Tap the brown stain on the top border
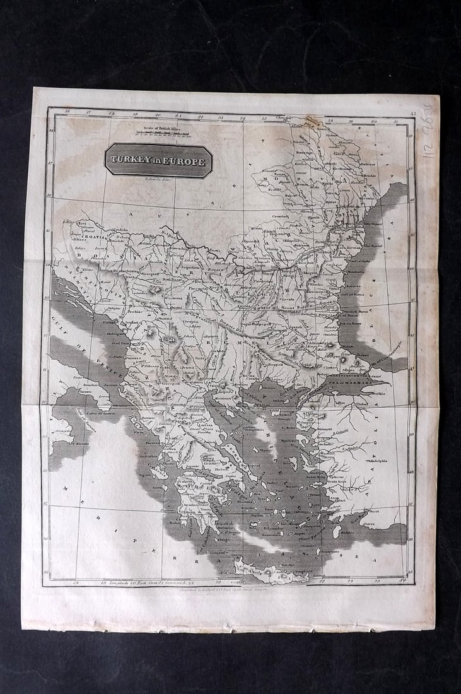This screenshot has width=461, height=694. pos(312,121)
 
